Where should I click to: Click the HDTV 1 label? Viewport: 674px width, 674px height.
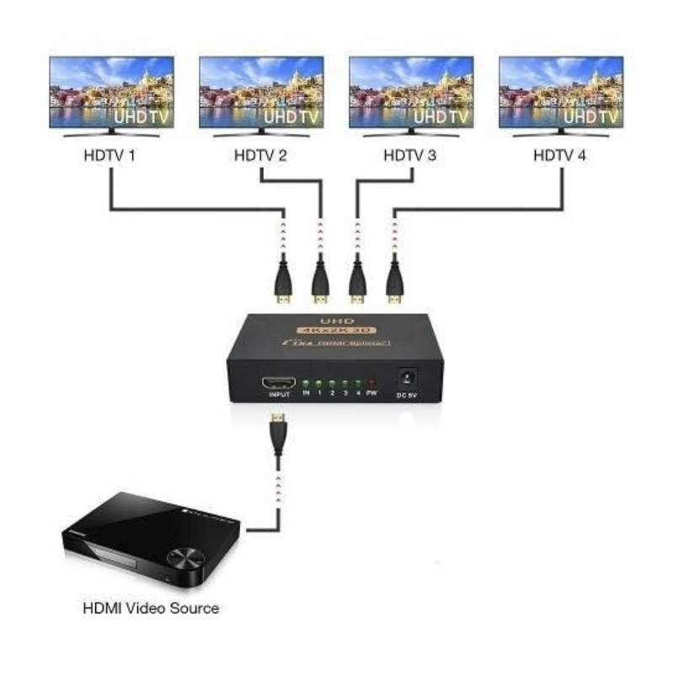tap(111, 156)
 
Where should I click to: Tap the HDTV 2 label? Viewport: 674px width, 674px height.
tap(261, 156)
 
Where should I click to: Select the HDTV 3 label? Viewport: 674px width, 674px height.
tap(411, 156)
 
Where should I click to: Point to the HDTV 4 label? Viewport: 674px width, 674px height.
tap(561, 156)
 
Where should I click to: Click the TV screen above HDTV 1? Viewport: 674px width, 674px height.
tap(111, 92)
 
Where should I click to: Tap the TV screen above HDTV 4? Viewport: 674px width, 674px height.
tap(561, 92)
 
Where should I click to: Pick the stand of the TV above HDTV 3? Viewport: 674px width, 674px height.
tap(411, 132)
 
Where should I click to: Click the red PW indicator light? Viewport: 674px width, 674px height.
tap(371, 383)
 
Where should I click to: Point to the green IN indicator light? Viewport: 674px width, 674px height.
tap(307, 383)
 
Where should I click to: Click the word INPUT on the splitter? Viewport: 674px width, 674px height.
tap(279, 394)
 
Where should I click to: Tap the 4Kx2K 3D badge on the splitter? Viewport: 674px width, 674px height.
tap(335, 331)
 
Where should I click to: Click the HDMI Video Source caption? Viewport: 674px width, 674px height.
tap(151, 607)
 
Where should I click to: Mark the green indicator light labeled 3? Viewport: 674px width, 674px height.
tap(345, 383)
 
